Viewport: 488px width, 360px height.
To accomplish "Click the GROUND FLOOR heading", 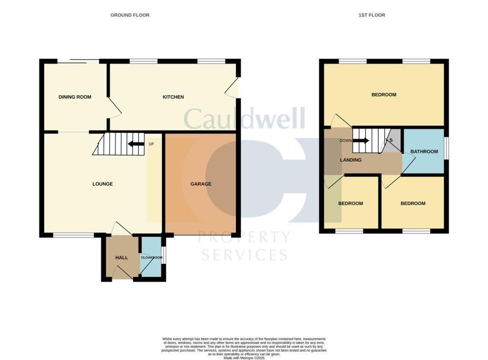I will [130, 15].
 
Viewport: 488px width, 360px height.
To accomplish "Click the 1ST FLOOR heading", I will [372, 15].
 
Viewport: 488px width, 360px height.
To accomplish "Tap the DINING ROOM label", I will [75, 97].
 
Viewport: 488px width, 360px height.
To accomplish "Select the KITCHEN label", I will [173, 97].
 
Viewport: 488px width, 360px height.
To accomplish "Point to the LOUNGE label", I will [102, 184].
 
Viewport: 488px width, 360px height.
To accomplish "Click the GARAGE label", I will [201, 184].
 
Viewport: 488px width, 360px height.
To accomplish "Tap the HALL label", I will [122, 258].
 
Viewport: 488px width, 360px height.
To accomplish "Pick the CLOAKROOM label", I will [152, 258].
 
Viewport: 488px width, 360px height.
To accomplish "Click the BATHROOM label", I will [424, 152].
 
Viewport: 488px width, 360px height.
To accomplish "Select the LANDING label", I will [351, 160].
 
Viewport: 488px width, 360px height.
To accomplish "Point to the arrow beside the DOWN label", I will [361, 141].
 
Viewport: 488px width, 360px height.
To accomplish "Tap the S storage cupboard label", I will [391, 141].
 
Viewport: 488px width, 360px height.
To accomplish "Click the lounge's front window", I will [73, 235].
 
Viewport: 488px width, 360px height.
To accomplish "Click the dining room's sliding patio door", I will [79, 61].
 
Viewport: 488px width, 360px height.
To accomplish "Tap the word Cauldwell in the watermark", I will [244, 119].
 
